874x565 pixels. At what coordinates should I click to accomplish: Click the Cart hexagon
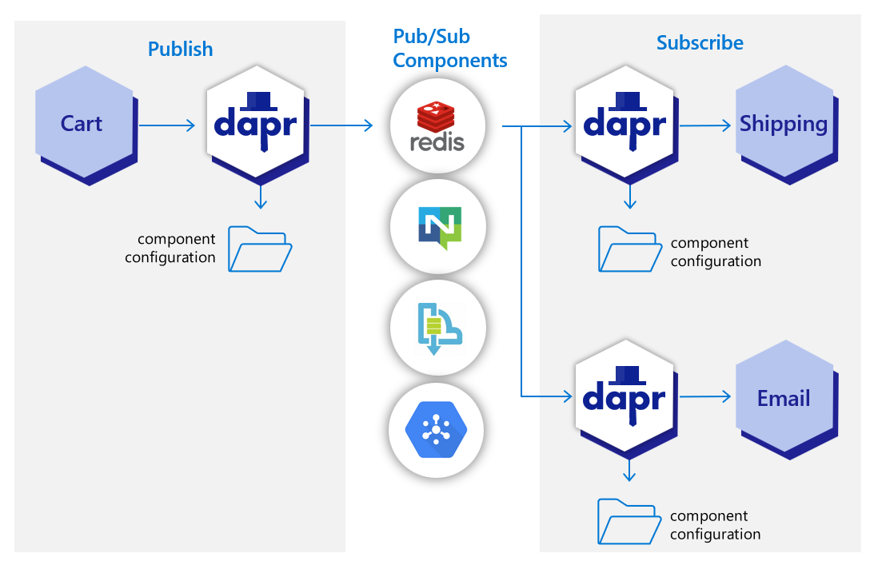click(82, 125)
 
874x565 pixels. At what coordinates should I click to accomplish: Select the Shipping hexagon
click(783, 124)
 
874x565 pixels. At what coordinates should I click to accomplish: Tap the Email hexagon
click(783, 398)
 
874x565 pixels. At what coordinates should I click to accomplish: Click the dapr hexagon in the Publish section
click(256, 125)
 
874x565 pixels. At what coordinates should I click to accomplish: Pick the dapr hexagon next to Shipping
click(625, 124)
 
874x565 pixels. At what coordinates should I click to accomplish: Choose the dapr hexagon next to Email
click(625, 398)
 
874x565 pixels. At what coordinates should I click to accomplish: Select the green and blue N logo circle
click(437, 228)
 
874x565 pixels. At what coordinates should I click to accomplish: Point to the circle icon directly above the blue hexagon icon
click(437, 328)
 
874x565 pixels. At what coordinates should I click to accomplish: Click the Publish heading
click(181, 49)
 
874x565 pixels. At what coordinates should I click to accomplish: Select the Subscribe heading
click(700, 43)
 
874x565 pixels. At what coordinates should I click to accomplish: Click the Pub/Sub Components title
click(449, 48)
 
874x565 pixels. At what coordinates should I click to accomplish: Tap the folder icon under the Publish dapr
click(260, 249)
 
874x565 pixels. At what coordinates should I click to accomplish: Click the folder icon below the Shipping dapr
click(629, 249)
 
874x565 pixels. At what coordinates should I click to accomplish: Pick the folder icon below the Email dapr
click(629, 523)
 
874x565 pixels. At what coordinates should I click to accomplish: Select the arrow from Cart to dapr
click(166, 125)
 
